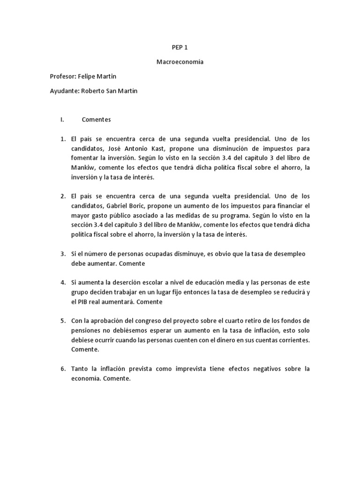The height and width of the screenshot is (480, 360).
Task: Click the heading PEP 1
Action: pos(180,47)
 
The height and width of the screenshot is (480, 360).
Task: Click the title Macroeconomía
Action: pos(180,61)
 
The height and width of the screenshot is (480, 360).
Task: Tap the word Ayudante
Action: pos(64,90)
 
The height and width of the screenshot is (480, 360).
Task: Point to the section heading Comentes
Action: pos(96,120)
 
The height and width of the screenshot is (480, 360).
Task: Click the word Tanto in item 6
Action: pos(80,369)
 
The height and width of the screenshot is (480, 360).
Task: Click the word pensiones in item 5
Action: pos(87,330)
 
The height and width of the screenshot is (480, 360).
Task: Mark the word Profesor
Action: pos(64,76)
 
